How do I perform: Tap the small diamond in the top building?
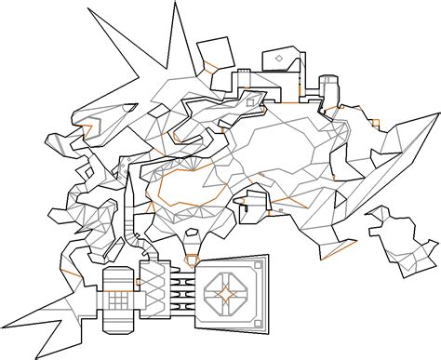(278, 61)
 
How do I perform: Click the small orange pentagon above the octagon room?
(192, 260)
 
